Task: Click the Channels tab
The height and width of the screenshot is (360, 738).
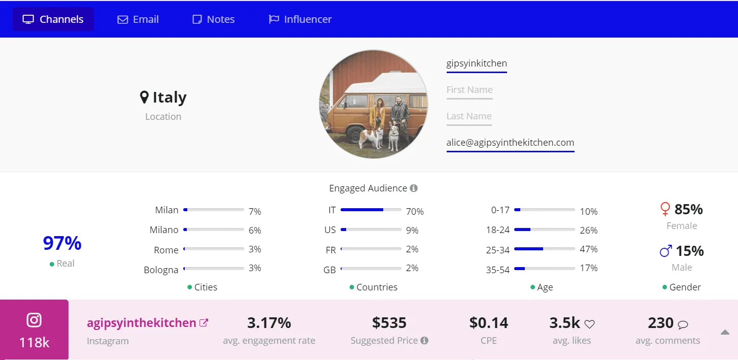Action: pos(53,19)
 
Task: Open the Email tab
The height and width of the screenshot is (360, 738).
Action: pos(138,19)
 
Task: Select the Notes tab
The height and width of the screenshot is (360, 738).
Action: pos(214,19)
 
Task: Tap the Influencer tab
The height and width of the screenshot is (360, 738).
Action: pos(300,19)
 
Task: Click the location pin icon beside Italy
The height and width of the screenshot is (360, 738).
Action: pos(145,97)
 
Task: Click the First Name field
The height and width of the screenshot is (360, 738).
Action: pos(469,90)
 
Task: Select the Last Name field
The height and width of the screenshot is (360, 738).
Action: pos(469,116)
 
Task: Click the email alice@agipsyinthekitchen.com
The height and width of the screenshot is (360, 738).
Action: pos(510,143)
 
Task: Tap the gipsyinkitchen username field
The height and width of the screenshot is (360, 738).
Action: pos(477,63)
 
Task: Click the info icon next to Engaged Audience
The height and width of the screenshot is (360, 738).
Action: pos(414,188)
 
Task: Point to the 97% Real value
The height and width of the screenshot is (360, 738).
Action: pos(62,243)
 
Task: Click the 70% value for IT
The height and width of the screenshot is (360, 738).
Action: pos(415,211)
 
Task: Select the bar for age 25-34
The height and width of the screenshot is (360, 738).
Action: pos(544,249)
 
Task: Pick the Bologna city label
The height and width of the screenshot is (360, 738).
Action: pos(161,270)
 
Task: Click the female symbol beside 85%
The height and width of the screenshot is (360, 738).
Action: pos(665,209)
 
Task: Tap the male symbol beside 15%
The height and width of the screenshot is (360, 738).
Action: pos(666,251)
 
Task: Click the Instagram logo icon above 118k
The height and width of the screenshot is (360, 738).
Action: pos(34,320)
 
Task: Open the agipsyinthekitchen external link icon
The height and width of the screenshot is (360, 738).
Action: pos(204,322)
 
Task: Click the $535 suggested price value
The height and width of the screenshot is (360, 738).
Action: pos(389,322)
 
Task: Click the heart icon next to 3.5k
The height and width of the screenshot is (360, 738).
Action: pos(589,324)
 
